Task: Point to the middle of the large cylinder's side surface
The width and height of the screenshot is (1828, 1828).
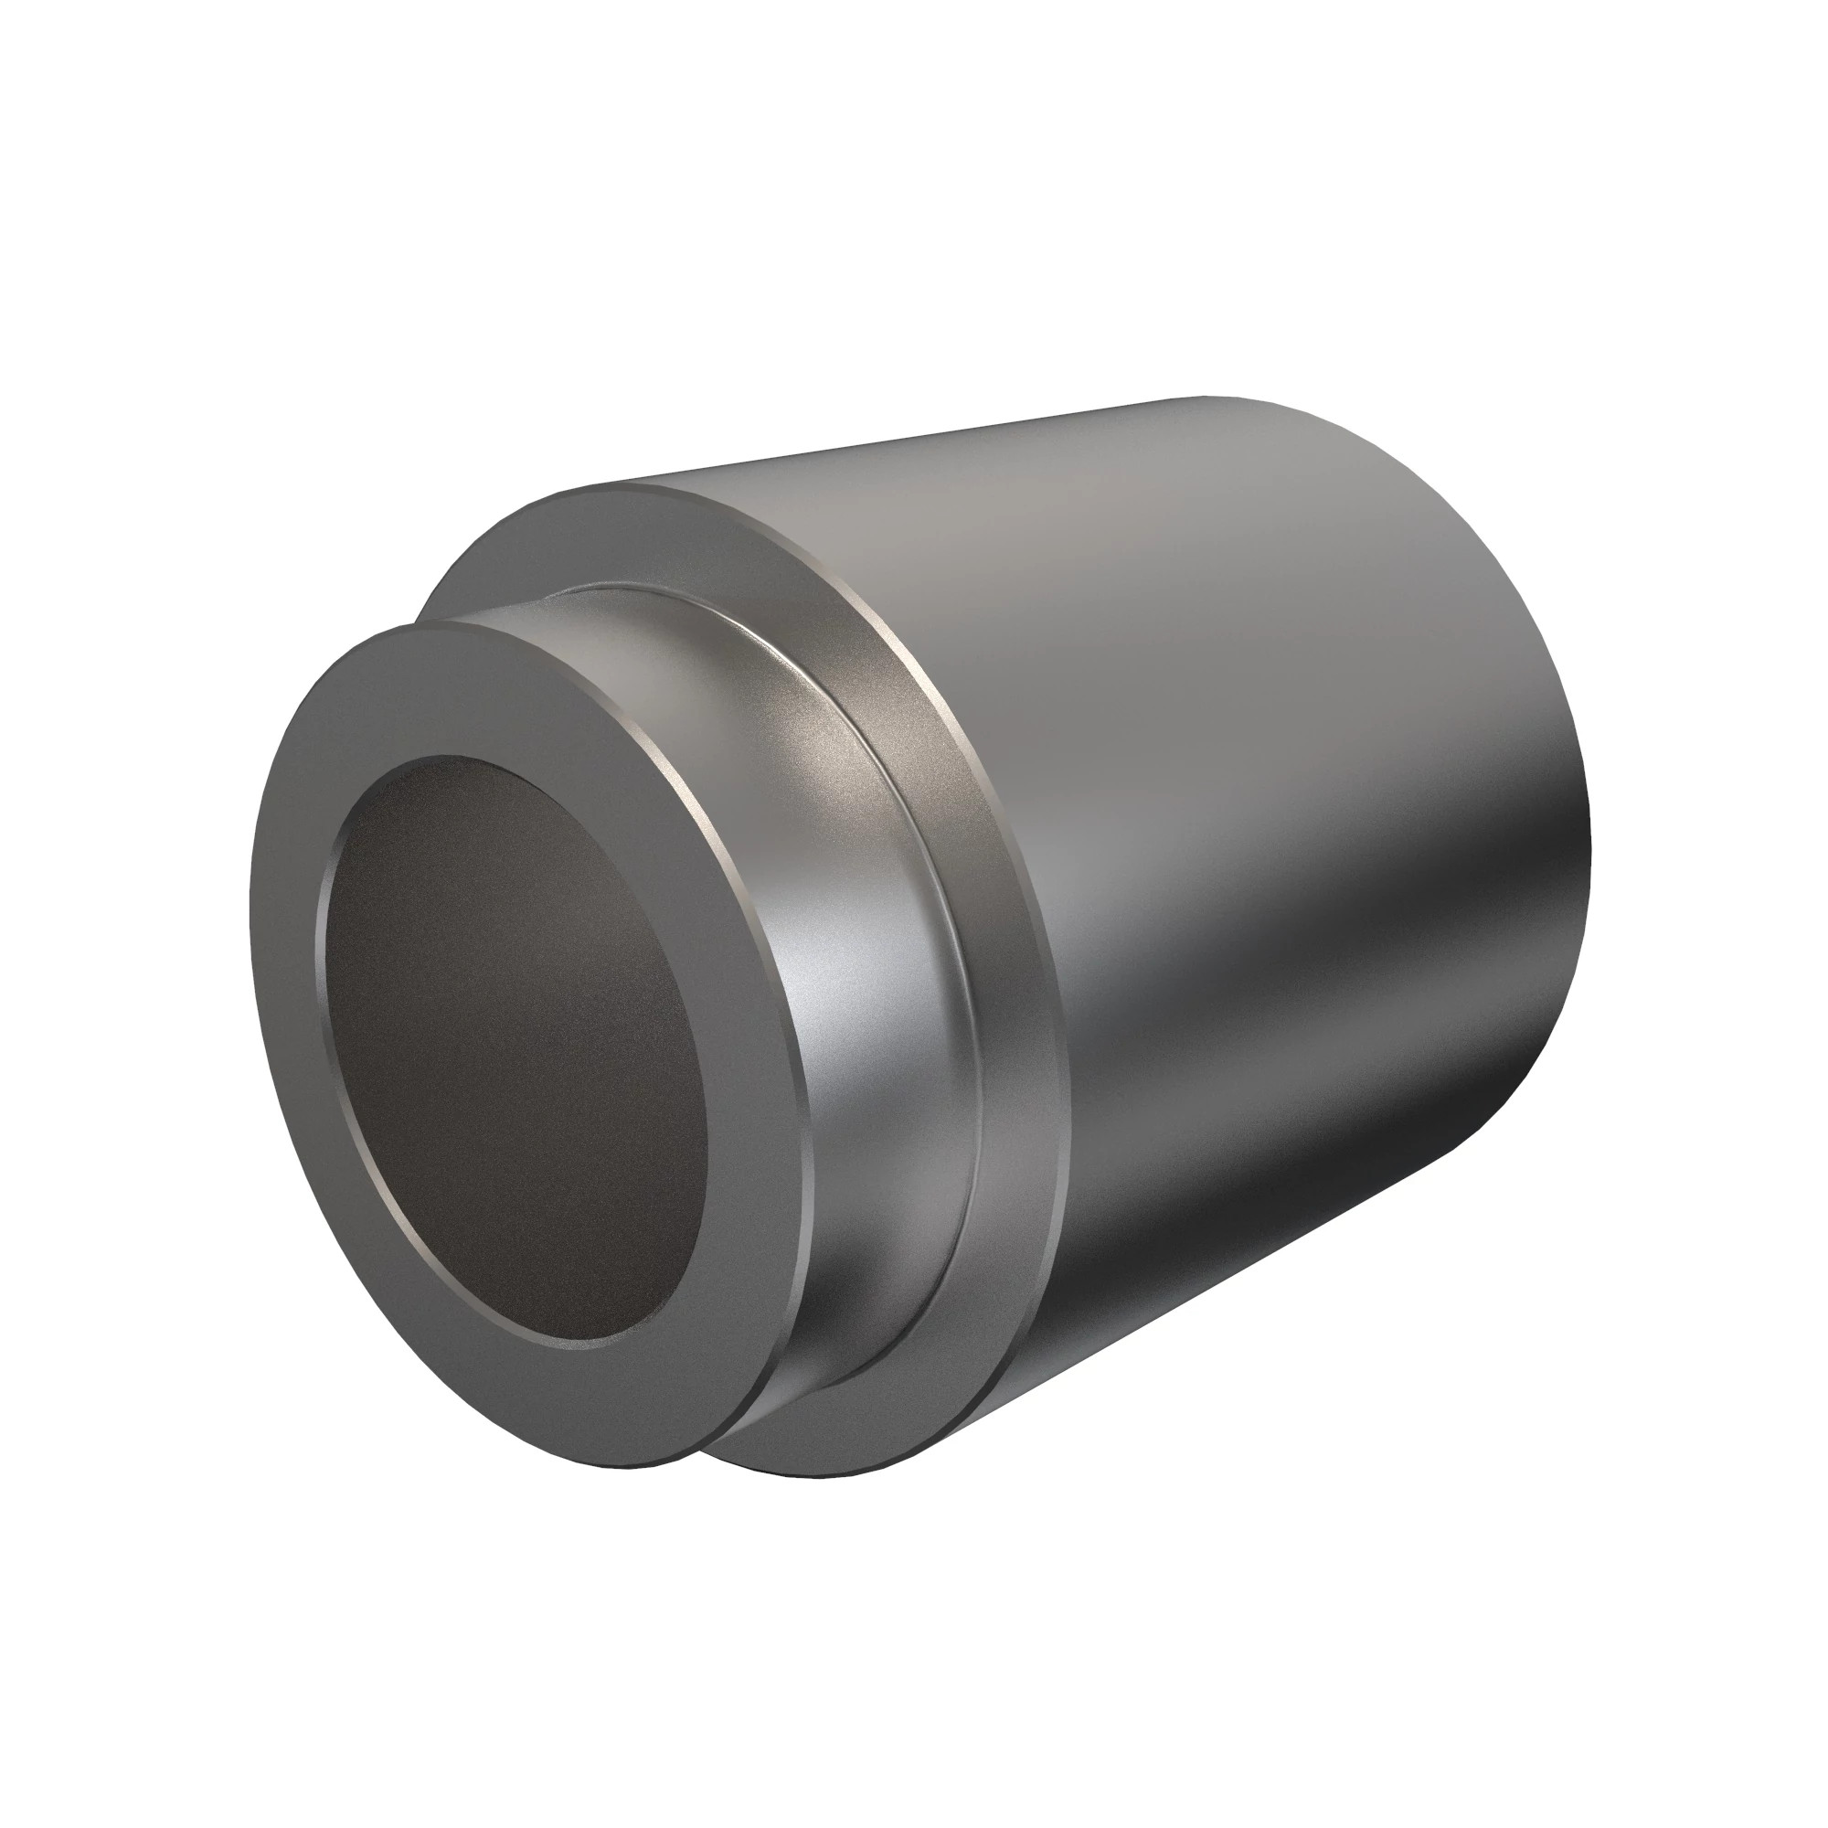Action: point(1278,898)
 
